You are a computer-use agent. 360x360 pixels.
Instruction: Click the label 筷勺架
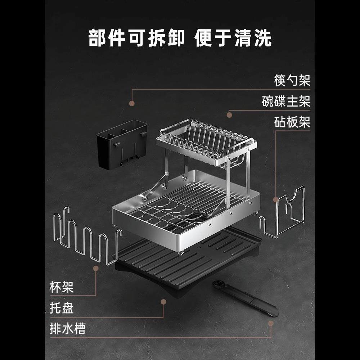click(292, 81)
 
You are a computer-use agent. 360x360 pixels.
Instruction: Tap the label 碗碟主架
click(286, 102)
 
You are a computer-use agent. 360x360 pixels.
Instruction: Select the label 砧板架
click(292, 122)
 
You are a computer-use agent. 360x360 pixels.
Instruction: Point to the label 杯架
click(62, 288)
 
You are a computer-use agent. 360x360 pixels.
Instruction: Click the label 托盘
click(62, 308)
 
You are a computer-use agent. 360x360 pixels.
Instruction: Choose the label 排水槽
click(68, 329)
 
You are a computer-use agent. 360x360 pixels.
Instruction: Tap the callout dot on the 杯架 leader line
click(96, 268)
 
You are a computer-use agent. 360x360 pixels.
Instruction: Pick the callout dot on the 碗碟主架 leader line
click(229, 114)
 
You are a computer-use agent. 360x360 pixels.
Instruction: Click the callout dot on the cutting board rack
click(276, 199)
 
